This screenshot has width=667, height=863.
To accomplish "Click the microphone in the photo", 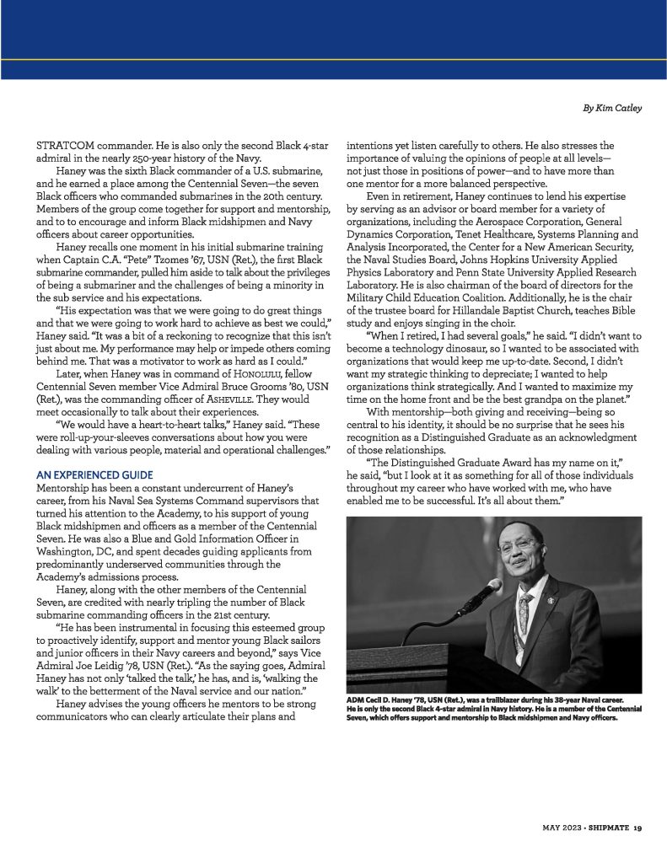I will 481,597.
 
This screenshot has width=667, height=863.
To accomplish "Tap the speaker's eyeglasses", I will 515,545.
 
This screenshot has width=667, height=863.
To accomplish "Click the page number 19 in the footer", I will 638,827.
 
